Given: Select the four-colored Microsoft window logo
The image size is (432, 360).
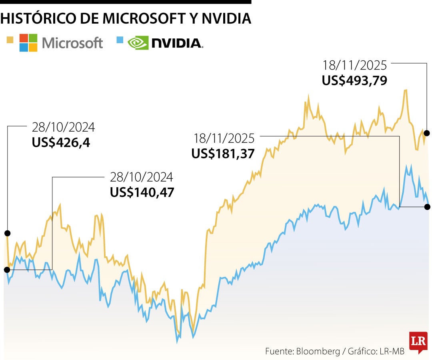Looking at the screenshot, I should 28,43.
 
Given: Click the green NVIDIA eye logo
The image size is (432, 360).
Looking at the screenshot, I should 138,43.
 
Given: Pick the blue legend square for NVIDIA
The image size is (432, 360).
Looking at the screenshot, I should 119,40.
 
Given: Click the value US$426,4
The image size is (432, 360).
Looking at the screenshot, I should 61,142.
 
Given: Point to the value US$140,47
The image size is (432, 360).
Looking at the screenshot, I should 142,192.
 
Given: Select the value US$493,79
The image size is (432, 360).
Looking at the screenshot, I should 354,81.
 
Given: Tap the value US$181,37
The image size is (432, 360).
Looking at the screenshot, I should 223,154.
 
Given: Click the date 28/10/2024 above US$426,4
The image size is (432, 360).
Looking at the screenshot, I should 63,128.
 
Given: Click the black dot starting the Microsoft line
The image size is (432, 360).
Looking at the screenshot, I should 7,233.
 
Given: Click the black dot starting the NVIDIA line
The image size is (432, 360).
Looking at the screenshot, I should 7,270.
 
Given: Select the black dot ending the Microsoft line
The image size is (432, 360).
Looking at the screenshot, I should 427,133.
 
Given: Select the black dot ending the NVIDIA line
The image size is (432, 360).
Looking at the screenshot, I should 427,207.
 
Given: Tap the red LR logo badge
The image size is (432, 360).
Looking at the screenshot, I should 418,342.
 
